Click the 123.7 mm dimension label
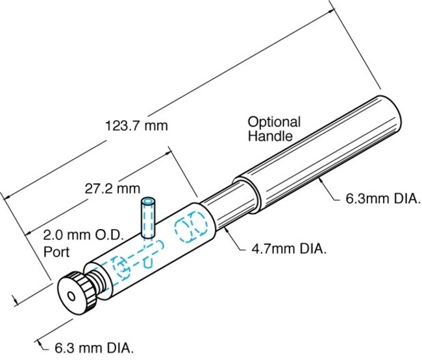click(136, 126)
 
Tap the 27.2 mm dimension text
click(112, 189)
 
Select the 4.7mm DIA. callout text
click(289, 249)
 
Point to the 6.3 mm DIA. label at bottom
click(94, 348)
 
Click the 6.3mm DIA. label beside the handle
click(383, 199)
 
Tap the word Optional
click(274, 123)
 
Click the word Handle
click(270, 136)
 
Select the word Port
click(56, 252)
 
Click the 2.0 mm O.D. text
click(83, 235)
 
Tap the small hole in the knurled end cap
click(71, 296)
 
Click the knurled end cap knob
click(77, 294)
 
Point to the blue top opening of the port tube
click(148, 202)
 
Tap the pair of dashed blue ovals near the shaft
click(191, 226)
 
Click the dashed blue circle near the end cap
click(121, 267)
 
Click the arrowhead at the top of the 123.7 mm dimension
click(332, 12)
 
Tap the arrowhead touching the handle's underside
click(320, 180)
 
